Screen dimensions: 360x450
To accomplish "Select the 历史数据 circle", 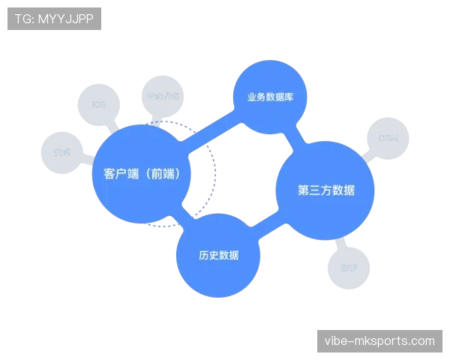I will point(218,256).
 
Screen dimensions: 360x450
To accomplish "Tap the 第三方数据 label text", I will point(325,190).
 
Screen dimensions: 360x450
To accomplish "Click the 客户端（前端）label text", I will point(141,173).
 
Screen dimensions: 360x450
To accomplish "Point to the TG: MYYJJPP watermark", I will point(54,19).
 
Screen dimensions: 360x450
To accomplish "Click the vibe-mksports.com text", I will point(379,341).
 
